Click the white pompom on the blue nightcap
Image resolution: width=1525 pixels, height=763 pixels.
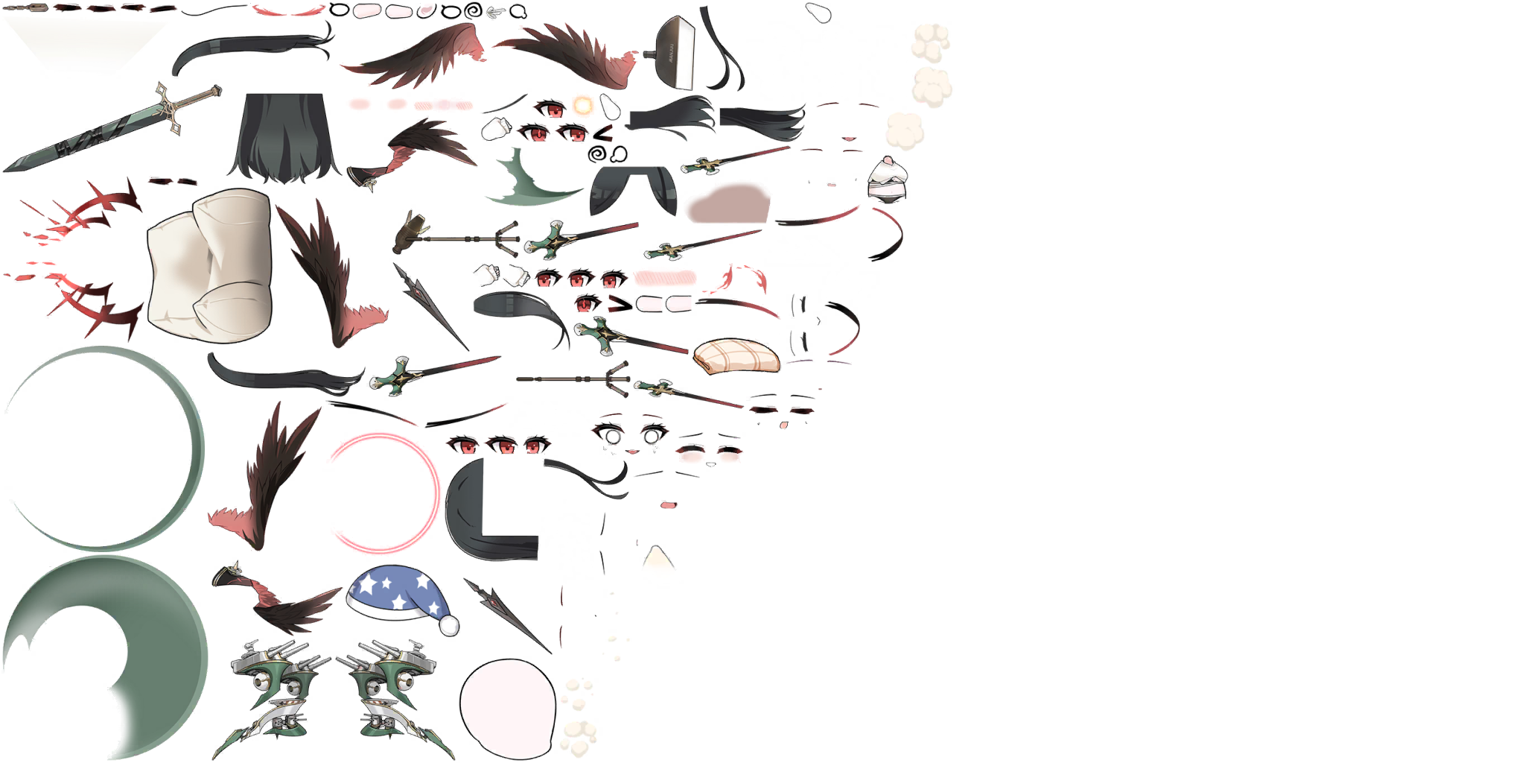tap(449, 625)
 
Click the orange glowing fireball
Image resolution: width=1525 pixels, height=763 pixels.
tap(583, 105)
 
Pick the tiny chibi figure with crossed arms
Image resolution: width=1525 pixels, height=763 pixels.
tap(888, 179)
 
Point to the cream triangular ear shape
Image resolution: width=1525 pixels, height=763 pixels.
tap(660, 566)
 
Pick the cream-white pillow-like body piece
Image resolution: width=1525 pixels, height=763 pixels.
tap(208, 265)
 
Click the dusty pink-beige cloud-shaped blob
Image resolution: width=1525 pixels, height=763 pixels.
tap(726, 203)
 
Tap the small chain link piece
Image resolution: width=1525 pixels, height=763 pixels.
tap(26, 7)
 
